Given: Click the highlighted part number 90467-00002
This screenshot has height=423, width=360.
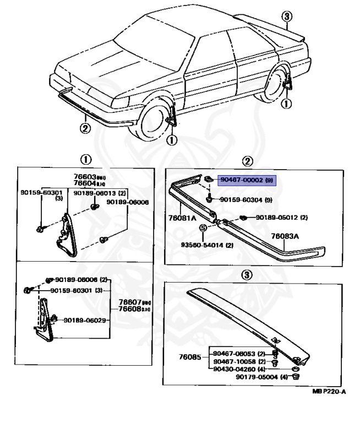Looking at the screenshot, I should point(242,180).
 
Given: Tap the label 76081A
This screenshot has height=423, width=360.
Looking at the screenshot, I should point(182,218).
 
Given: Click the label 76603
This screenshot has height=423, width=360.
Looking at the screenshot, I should point(84,177).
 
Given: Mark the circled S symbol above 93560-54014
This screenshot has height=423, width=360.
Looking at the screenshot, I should point(203,227).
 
